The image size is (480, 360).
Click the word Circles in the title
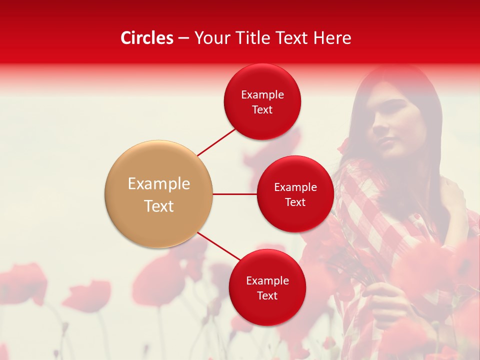(146, 38)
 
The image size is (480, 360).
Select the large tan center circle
(158, 194)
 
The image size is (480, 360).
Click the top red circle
(262, 101)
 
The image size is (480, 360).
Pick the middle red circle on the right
(295, 194)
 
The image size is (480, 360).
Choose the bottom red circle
(267, 287)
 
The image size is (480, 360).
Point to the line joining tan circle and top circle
(216, 142)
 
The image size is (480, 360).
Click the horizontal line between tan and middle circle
(234, 194)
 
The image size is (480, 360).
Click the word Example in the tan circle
(158, 184)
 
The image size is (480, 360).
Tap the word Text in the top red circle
(262, 110)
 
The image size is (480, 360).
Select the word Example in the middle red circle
(295, 187)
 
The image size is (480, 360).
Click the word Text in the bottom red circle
(267, 296)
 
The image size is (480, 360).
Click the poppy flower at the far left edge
(20, 282)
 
